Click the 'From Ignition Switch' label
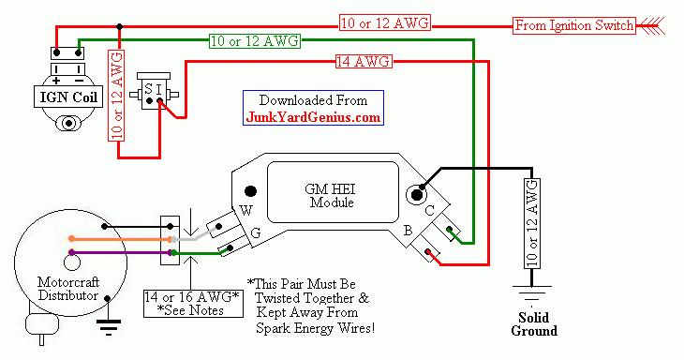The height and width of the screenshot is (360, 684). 573,25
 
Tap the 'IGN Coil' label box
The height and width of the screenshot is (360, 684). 68,97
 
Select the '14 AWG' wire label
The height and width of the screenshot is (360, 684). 364,62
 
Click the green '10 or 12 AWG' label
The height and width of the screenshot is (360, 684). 255,41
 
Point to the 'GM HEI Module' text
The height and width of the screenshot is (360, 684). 330,196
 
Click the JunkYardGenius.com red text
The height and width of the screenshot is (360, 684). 313,117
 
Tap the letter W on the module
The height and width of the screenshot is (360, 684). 246,211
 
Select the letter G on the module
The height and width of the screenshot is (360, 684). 256,233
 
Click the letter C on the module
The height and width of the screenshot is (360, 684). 430,211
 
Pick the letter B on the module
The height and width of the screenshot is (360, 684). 408,231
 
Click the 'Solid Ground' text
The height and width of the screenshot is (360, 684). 534,323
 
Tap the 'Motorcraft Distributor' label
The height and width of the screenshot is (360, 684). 68,289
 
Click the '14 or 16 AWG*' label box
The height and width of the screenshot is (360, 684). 193,304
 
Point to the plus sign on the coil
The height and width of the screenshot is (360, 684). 56,81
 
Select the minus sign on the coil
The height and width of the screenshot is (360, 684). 79,81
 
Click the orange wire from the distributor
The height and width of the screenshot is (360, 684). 120,239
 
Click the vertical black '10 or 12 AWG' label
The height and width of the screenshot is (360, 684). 532,223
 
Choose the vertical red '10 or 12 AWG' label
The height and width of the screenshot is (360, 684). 116,95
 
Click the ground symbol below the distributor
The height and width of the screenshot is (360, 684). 108,327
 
